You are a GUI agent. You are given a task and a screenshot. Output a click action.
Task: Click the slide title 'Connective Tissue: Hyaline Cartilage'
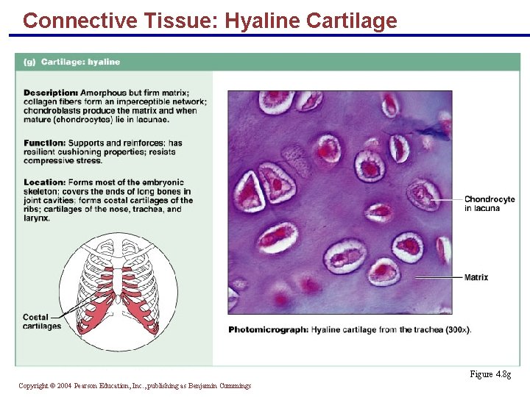coord(210,20)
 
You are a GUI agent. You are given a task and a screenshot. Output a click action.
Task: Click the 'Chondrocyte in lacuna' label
coord(489,204)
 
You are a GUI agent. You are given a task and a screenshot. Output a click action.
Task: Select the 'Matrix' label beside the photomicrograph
coord(476,277)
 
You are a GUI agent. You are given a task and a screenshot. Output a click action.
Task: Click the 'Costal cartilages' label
coord(41,322)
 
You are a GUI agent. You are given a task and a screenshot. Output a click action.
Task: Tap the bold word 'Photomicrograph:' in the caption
coord(268,330)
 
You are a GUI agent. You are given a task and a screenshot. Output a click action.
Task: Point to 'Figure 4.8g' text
coord(490,374)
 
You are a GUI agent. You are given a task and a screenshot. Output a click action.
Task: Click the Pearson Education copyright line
coord(135,385)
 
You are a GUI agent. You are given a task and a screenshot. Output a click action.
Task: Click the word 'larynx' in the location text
coord(35,218)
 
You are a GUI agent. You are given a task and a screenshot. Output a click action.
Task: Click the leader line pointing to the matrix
coord(438,277)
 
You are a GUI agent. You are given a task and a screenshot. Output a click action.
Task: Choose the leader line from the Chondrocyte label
coord(445,199)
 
